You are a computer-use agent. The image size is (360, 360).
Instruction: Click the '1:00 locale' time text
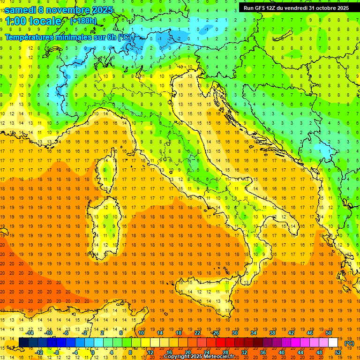pos(33,21)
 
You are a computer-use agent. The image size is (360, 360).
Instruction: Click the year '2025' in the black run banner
pos(340,8)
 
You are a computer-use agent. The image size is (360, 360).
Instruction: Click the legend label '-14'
pos(30,333)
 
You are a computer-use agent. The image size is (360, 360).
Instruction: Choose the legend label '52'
pos(338,352)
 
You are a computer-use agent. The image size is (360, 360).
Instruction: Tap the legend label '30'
pos(235,333)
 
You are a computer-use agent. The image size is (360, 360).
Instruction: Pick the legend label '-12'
pos(39,352)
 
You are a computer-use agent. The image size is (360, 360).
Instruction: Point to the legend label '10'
pos(141,333)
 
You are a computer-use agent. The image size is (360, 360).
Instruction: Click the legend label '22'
pos(197,333)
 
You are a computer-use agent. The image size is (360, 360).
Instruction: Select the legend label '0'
pos(93,352)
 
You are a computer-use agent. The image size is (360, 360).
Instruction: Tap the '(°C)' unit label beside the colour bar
pos(349,343)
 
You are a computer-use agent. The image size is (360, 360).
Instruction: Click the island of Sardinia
pos(106,220)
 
